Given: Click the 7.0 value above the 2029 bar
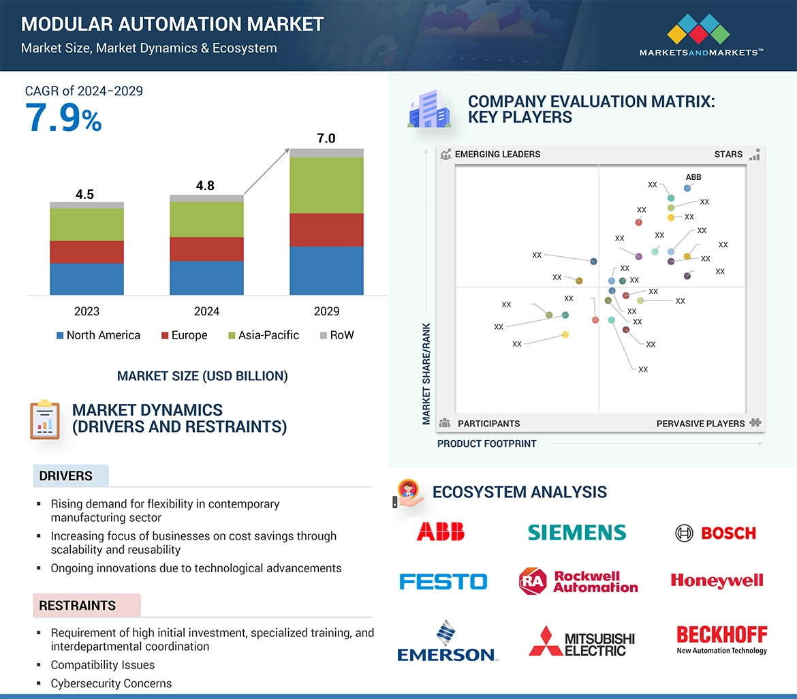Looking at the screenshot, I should (326, 138).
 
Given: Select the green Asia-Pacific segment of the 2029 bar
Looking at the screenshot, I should (326, 185).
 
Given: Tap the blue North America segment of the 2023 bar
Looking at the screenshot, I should (87, 279).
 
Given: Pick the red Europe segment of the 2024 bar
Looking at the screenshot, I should (206, 249).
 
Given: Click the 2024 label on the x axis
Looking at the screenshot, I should (206, 311).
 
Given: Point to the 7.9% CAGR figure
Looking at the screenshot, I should (63, 117).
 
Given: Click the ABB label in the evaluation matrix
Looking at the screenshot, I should (693, 177).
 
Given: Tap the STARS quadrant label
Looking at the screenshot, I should (728, 154).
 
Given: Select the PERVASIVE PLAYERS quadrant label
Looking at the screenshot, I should (700, 424).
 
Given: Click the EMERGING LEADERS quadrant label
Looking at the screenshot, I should (497, 154).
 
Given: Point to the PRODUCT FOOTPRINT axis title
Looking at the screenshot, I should (486, 444).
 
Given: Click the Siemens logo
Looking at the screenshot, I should (576, 532).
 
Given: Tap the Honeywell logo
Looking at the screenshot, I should (717, 580).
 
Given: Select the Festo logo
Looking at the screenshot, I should (443, 581).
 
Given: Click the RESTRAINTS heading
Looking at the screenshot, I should (77, 606).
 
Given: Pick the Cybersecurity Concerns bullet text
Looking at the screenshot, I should (111, 683).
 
